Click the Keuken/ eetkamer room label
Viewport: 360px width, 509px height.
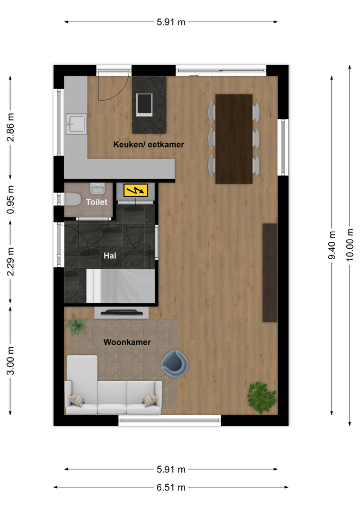point(148,144)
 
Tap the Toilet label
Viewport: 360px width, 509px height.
point(96,202)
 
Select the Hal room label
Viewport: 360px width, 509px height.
point(110,256)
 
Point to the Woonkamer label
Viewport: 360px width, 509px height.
point(127,342)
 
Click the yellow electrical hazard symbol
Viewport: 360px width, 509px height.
point(136,190)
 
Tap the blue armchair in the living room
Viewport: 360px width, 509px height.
point(174,364)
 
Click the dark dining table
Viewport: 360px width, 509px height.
point(234,139)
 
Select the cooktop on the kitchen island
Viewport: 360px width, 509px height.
point(144,105)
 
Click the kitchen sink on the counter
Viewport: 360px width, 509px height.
point(76,124)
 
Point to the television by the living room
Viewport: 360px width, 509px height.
point(122,313)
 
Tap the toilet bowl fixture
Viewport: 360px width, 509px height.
point(72,199)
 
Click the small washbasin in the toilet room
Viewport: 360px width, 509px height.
point(98,188)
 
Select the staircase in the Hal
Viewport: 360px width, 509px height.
point(120,286)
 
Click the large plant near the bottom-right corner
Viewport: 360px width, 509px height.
point(261,398)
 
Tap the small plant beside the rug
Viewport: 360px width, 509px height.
point(76,324)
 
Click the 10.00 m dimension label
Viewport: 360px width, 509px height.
point(349,245)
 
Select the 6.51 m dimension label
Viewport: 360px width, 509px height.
point(171,487)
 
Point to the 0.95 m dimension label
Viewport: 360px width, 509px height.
point(11,200)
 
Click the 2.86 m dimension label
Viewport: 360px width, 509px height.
point(11,127)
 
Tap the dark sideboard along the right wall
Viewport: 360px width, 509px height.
point(270,273)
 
